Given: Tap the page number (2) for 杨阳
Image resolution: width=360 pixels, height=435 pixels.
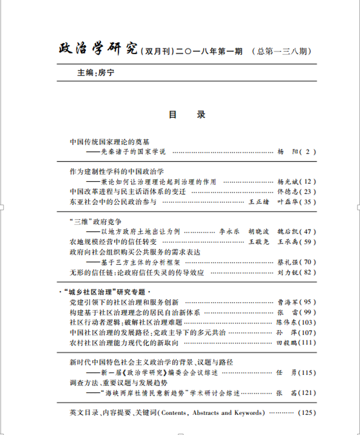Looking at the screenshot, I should pos(308,151).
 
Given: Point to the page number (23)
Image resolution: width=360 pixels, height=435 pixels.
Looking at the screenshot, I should pos(307,192).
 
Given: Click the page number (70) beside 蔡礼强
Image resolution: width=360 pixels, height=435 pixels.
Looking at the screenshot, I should pos(307,262).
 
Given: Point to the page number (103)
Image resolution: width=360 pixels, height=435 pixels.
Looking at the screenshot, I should pos(307,322).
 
